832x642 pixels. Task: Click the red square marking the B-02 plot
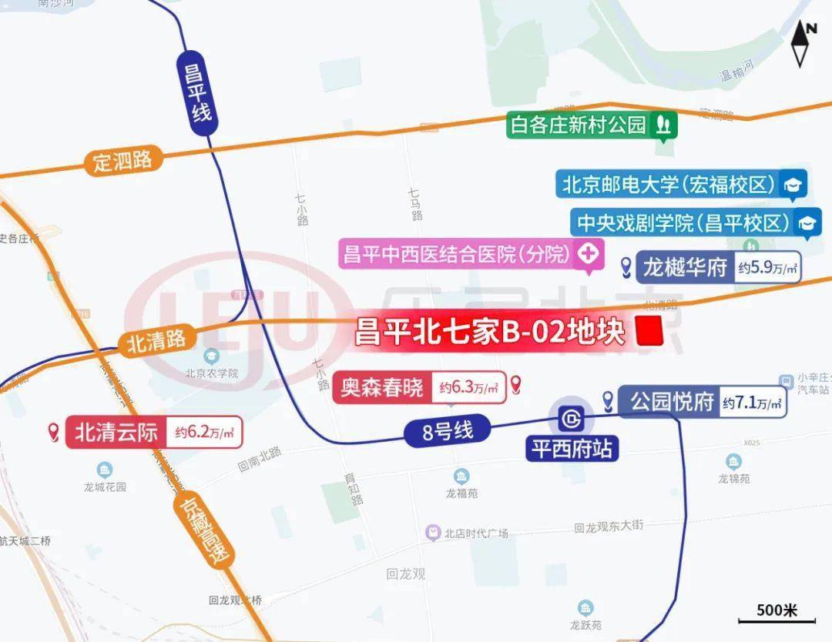click(x=650, y=332)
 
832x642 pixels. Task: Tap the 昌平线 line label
click(x=196, y=93)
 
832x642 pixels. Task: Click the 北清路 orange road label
click(x=157, y=342)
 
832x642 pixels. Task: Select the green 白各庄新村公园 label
click(x=578, y=125)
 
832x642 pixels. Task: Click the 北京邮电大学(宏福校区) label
click(x=667, y=185)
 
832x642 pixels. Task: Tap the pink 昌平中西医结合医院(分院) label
click(x=459, y=253)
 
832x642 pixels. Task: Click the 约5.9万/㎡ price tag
click(x=767, y=268)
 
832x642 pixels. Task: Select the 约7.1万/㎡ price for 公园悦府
click(x=752, y=403)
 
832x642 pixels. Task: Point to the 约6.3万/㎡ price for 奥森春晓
click(x=468, y=388)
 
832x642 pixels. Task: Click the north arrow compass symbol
click(x=804, y=45)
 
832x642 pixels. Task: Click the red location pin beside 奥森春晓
click(x=516, y=385)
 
